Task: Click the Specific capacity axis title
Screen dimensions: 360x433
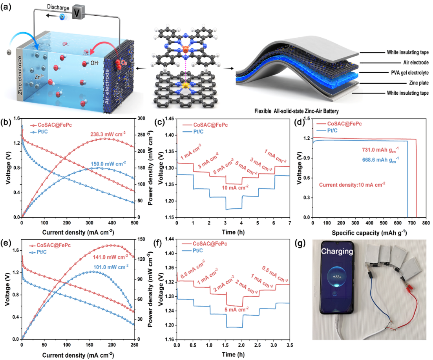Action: [368, 233]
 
